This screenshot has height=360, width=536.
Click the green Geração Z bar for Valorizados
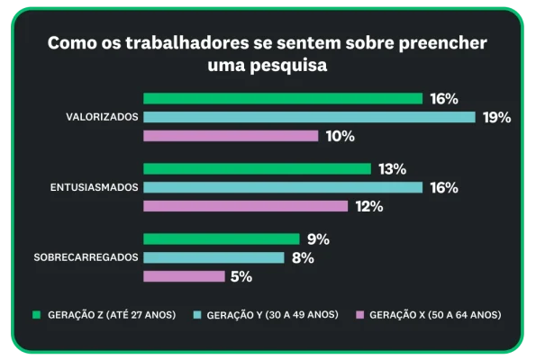283,98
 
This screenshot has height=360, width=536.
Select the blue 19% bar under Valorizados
309,117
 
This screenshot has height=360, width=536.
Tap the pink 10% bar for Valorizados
231,136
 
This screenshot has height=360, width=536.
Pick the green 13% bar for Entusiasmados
257,168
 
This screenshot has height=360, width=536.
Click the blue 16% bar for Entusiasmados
283,187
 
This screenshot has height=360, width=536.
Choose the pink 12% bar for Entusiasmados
245,206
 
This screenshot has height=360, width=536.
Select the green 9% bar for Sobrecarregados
221,239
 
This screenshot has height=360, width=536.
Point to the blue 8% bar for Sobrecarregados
214,257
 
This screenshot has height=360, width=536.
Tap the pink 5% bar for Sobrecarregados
184,276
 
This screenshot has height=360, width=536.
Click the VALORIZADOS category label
102,117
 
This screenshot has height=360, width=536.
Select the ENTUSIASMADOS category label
93,187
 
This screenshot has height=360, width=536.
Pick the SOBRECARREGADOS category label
86,257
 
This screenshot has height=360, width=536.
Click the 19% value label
496,117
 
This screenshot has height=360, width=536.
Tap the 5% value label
241,276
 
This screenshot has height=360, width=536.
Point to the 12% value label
369,206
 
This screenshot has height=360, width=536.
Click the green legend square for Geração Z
37,314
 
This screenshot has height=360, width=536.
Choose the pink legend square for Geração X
359,314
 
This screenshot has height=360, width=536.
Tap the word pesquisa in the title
287,66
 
